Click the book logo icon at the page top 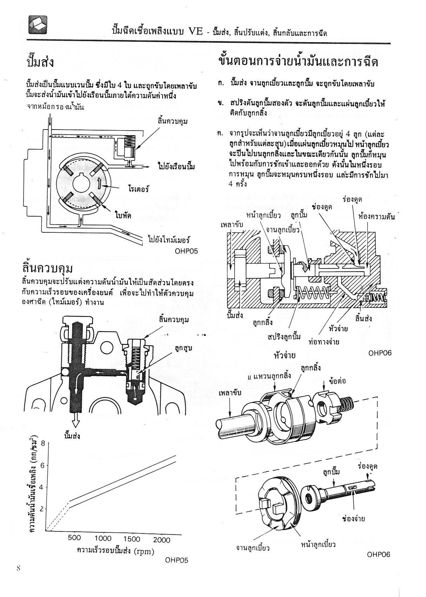click(38, 25)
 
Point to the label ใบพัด click(123, 215)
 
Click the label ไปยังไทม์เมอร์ click(169, 240)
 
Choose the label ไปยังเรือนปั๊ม click(176, 166)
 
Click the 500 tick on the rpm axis click(74, 538)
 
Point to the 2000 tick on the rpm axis click(161, 539)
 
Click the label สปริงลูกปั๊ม click(284, 337)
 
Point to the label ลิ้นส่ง click(363, 319)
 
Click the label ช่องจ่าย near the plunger click(353, 518)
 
